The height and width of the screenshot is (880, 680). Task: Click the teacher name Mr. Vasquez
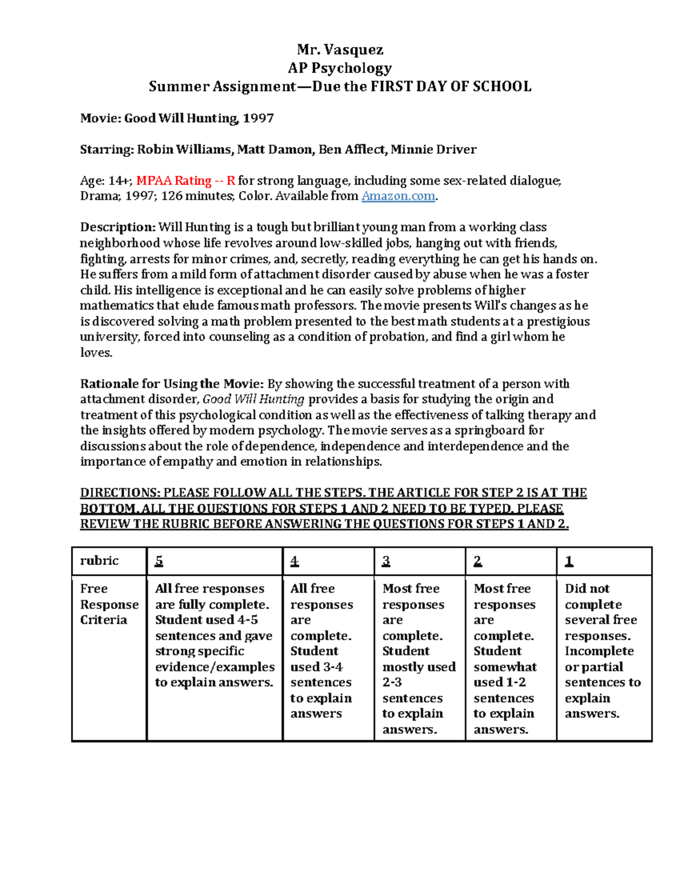click(x=340, y=50)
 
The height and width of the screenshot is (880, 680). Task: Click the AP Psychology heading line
click(x=340, y=68)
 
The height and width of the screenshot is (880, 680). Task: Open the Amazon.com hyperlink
click(x=398, y=196)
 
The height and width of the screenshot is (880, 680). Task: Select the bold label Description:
click(x=118, y=227)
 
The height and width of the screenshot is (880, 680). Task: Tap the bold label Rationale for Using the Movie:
click(x=172, y=384)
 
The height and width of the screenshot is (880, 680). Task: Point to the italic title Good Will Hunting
click(x=253, y=399)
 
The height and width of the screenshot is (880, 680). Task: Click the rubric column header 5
click(x=159, y=561)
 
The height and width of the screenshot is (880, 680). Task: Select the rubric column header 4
click(x=295, y=561)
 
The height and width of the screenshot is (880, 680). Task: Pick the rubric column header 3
click(x=386, y=561)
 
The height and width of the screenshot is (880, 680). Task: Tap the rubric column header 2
click(x=478, y=561)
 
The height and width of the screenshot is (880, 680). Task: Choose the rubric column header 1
click(x=569, y=561)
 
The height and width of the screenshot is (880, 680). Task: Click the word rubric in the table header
click(x=99, y=561)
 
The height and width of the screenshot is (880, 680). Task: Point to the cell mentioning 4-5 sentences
click(x=214, y=635)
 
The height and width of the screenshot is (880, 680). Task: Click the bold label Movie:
click(x=100, y=118)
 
